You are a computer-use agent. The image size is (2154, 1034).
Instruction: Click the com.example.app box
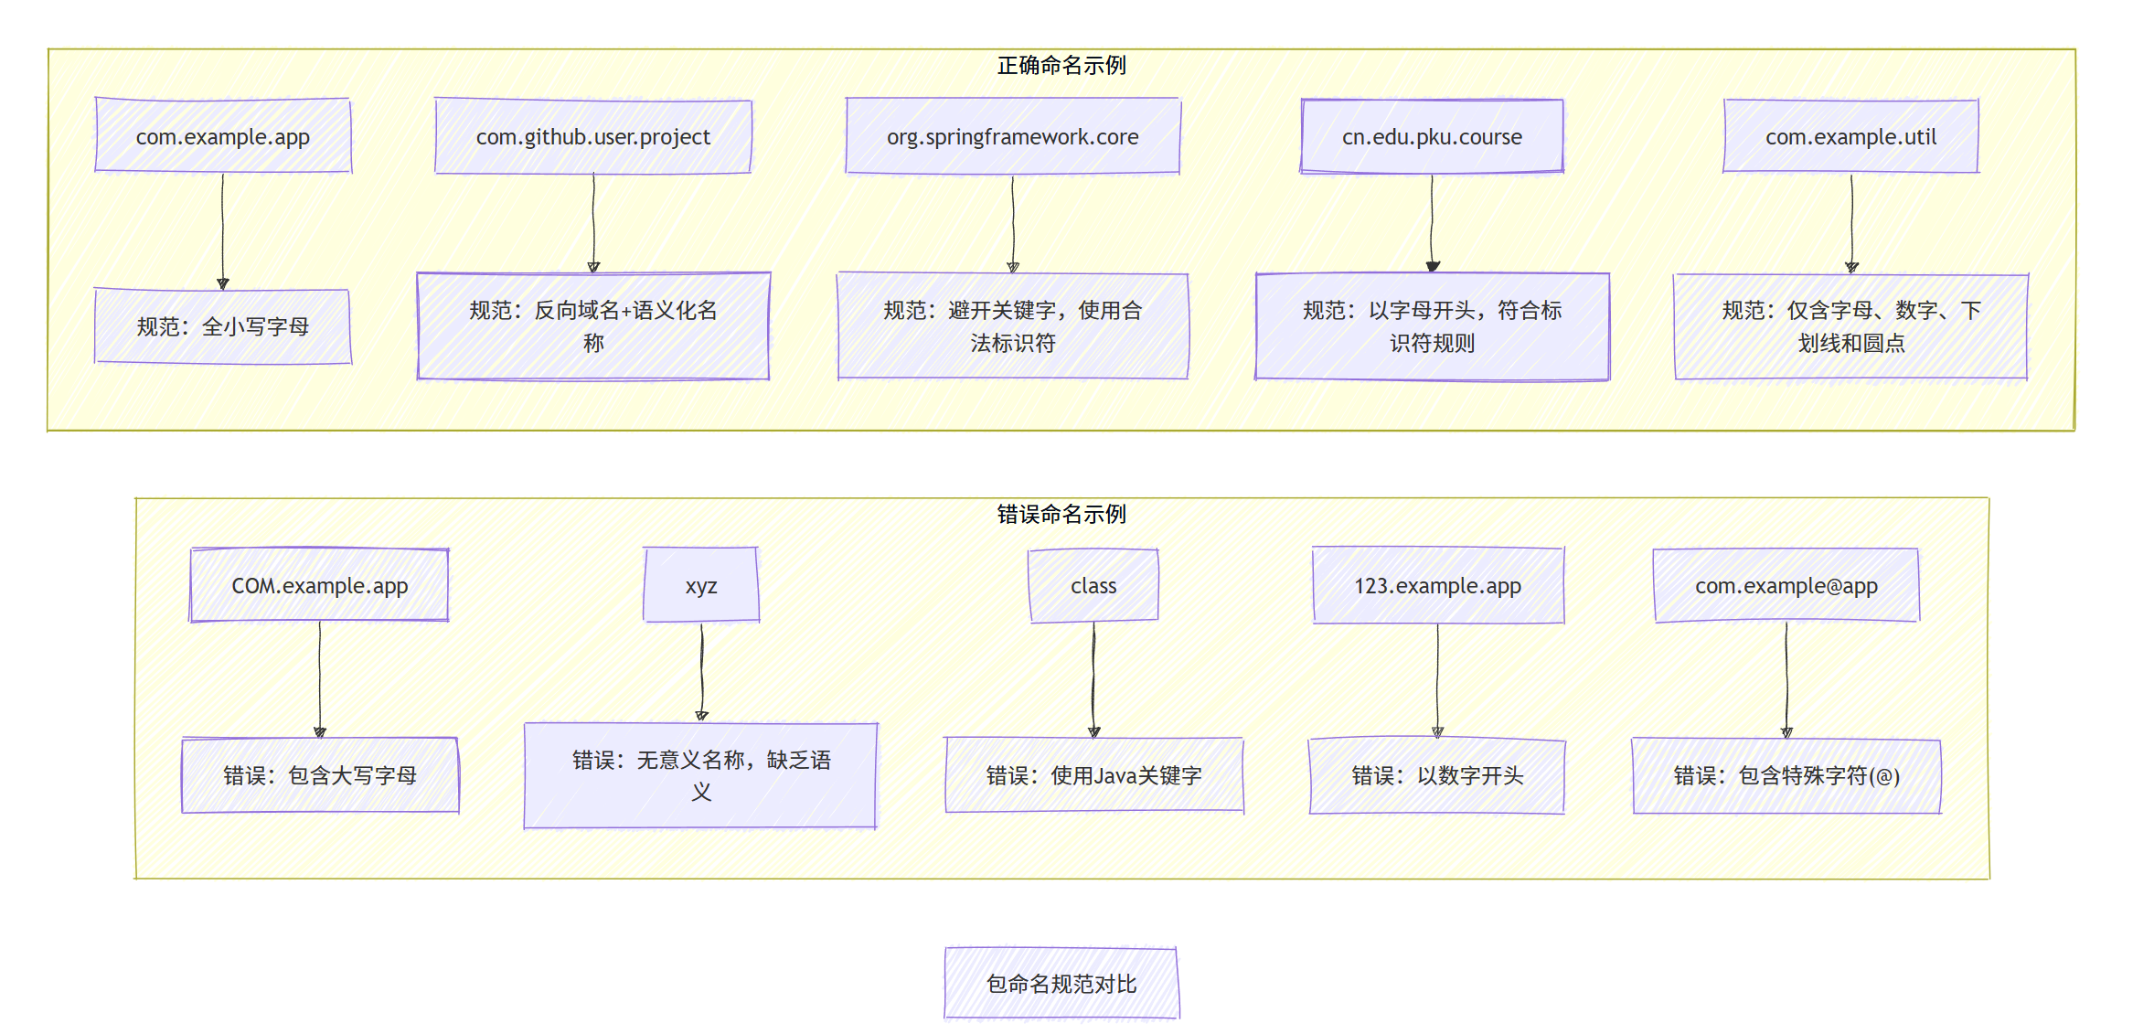click(223, 136)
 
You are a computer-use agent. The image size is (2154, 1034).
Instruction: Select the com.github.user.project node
click(593, 136)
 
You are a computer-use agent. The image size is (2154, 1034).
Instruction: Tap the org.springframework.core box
click(1012, 136)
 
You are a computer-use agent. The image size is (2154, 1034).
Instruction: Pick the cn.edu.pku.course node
click(1432, 136)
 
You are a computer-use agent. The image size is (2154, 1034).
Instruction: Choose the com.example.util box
click(1850, 136)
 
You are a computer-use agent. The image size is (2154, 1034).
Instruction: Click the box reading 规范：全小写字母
click(223, 326)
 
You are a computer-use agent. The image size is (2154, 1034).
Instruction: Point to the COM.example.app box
click(319, 585)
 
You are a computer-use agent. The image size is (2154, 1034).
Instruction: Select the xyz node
click(701, 585)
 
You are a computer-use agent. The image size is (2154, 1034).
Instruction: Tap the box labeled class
click(1093, 585)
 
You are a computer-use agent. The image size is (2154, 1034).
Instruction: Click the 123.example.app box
click(1437, 585)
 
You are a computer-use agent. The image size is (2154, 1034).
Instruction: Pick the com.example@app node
click(1786, 585)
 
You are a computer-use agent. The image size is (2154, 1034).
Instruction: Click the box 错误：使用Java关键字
click(1093, 775)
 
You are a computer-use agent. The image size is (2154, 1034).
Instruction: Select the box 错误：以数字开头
click(1437, 775)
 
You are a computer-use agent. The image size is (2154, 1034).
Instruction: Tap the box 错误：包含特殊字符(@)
click(1786, 775)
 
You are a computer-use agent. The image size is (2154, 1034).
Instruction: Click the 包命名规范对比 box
click(1061, 984)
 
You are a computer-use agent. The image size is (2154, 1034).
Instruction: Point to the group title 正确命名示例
click(1061, 66)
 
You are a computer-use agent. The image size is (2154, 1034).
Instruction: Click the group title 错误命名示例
click(1061, 515)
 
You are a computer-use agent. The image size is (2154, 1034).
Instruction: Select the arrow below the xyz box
click(701, 672)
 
